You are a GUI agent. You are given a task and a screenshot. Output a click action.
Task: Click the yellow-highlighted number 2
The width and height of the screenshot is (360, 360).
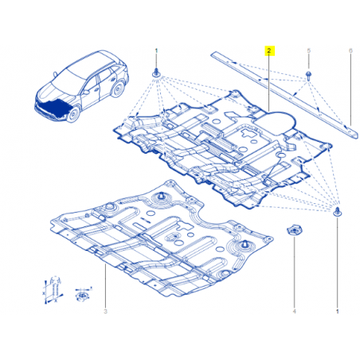(x=269, y=50)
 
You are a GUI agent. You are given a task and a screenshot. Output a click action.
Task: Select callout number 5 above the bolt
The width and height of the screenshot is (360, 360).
(x=308, y=50)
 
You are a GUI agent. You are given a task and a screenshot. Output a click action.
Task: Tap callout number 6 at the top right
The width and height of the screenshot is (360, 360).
(x=350, y=50)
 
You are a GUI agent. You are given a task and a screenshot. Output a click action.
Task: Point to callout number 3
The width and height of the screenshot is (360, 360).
(x=105, y=311)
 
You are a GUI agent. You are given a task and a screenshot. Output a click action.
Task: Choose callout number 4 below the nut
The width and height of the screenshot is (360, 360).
(x=294, y=311)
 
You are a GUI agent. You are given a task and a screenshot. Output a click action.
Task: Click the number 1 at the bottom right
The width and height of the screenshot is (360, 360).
(x=338, y=311)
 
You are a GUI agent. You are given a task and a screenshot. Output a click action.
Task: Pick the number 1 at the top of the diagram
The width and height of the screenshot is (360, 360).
(x=156, y=50)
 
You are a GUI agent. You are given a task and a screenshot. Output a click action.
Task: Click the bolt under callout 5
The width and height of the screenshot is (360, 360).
(x=308, y=75)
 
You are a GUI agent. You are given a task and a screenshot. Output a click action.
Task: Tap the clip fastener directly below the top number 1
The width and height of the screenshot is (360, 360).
(x=157, y=72)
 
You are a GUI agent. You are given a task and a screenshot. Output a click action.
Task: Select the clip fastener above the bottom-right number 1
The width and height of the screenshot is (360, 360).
(x=338, y=212)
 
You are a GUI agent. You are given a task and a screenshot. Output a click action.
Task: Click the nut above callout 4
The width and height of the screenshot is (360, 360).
(x=294, y=230)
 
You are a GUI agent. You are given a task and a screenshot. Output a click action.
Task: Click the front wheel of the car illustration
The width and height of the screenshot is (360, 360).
(x=74, y=114)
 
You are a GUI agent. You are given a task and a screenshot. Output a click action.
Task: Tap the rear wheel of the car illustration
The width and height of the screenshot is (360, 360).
(x=118, y=89)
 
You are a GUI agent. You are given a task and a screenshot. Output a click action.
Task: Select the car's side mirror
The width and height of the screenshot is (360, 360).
(x=87, y=92)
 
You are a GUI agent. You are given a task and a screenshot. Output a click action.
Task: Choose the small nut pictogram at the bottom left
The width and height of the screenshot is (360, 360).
(x=82, y=294)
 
